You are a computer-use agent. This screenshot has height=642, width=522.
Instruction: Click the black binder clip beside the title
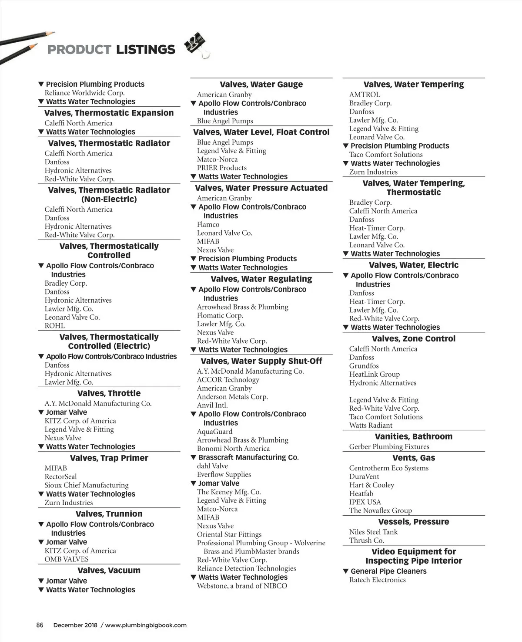tap(195, 44)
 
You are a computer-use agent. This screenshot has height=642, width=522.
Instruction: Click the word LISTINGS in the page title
tap(145, 50)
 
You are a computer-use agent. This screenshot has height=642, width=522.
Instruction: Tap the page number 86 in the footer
tap(40, 625)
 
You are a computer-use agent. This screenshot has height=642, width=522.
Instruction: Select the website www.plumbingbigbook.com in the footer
tap(146, 625)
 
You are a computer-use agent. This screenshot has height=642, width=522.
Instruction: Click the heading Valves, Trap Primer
tap(109, 458)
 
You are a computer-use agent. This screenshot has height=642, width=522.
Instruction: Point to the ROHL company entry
tap(54, 326)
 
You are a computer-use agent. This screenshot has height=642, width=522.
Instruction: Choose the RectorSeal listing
tap(60, 476)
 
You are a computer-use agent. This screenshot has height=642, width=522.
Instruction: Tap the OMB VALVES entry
tap(66, 559)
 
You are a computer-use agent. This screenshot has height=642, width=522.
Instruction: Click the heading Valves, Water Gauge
tap(261, 84)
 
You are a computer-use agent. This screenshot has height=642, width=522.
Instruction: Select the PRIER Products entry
tap(221, 168)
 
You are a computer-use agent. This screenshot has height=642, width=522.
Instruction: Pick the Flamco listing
tap(208, 224)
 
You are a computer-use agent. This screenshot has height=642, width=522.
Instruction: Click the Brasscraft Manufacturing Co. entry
tap(248, 457)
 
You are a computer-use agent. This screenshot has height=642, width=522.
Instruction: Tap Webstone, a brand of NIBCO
tap(242, 586)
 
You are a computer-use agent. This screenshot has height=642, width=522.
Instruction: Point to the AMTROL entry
tap(365, 95)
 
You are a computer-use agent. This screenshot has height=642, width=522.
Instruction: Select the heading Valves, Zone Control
tap(413, 338)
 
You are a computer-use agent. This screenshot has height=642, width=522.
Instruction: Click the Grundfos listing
tap(364, 366)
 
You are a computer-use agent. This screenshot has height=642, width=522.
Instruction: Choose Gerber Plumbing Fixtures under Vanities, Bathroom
tap(389, 446)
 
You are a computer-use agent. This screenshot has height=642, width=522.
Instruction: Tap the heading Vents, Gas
tap(413, 458)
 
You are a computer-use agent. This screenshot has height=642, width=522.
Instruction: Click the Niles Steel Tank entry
tap(373, 532)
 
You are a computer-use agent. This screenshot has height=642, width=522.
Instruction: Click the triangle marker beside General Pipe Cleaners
tap(346, 571)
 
